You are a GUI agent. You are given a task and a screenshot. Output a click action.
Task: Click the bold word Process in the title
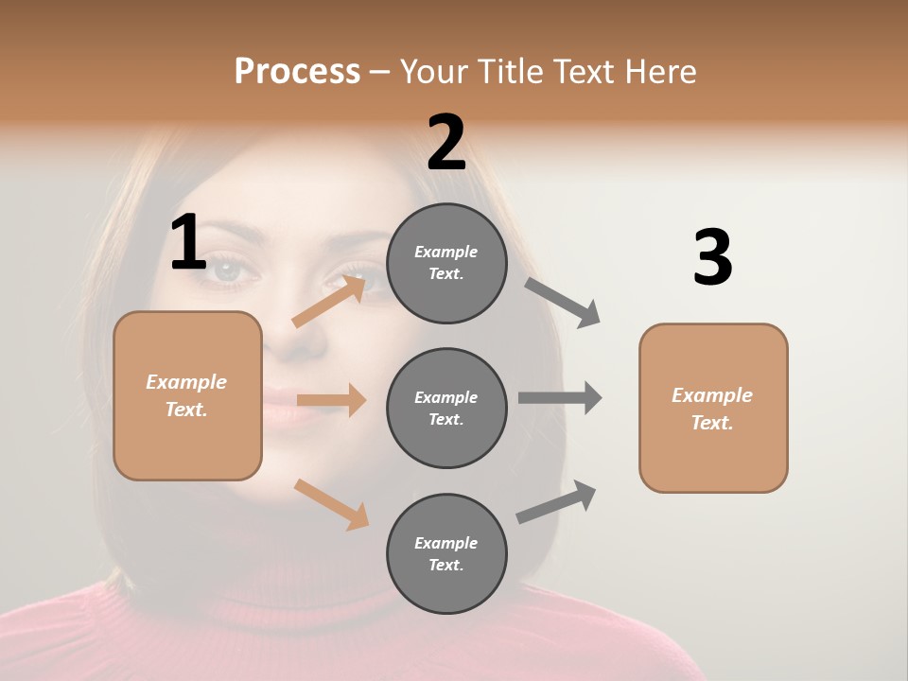coord(297,71)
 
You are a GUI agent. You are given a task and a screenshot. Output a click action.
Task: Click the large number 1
coord(188,243)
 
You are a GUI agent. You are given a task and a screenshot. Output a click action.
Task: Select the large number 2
coord(446,143)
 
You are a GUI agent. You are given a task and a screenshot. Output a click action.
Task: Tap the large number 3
coord(712,258)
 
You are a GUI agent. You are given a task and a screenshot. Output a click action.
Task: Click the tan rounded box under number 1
coord(187,395)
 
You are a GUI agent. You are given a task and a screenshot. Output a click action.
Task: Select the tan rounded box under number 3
coord(713,409)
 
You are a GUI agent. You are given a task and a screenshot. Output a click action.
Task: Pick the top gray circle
coord(446,263)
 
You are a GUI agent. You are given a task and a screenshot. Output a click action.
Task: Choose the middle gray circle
coord(446,408)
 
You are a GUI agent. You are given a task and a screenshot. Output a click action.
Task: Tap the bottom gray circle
coord(446,553)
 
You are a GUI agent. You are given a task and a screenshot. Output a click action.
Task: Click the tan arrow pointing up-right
coord(329,301)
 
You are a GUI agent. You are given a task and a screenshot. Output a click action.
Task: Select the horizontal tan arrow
coord(331,400)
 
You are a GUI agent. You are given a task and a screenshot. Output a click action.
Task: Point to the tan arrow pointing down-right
coord(331,503)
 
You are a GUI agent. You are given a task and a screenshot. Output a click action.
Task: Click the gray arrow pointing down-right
coord(563,302)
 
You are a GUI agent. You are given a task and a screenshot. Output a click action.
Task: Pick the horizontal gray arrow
coord(560,397)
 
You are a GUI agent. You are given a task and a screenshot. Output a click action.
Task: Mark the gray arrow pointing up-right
coord(557,502)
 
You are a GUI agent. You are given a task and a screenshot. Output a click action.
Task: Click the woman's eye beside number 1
coord(233,271)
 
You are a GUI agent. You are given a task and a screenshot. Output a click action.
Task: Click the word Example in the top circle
coord(445,252)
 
